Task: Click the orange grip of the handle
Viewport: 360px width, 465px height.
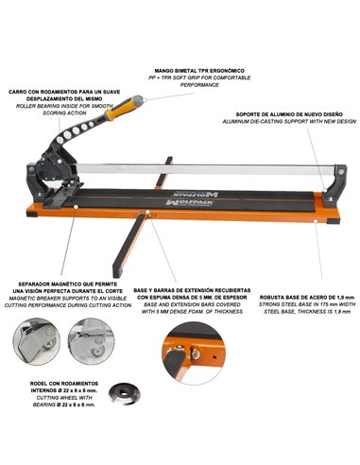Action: [118, 110]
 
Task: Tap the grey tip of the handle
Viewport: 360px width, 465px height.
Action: [137, 99]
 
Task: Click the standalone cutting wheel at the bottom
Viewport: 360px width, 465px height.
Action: [123, 393]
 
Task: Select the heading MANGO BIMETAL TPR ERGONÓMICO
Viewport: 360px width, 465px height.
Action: [199, 71]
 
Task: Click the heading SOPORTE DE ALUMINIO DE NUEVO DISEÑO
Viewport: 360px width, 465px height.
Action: [289, 114]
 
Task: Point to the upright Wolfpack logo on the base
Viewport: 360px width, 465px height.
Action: [190, 202]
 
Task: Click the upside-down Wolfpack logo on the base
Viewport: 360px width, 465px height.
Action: [195, 193]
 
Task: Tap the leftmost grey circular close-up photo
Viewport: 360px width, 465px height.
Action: [37, 341]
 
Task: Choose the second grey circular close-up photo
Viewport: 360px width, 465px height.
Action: [91, 341]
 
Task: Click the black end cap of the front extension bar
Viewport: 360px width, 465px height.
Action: [117, 271]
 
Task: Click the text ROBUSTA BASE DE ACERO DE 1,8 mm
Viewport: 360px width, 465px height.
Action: [307, 297]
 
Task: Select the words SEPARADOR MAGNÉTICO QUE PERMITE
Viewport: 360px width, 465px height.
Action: [68, 284]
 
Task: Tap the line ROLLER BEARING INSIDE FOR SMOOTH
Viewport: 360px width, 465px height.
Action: [64, 106]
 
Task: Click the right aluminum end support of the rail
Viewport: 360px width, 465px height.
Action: [335, 185]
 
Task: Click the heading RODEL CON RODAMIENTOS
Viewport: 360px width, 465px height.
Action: [64, 384]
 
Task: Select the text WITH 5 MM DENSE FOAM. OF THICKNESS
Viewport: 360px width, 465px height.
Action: [192, 312]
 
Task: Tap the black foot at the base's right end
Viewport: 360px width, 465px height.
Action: [334, 221]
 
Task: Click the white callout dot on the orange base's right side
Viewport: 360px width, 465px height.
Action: [315, 221]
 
